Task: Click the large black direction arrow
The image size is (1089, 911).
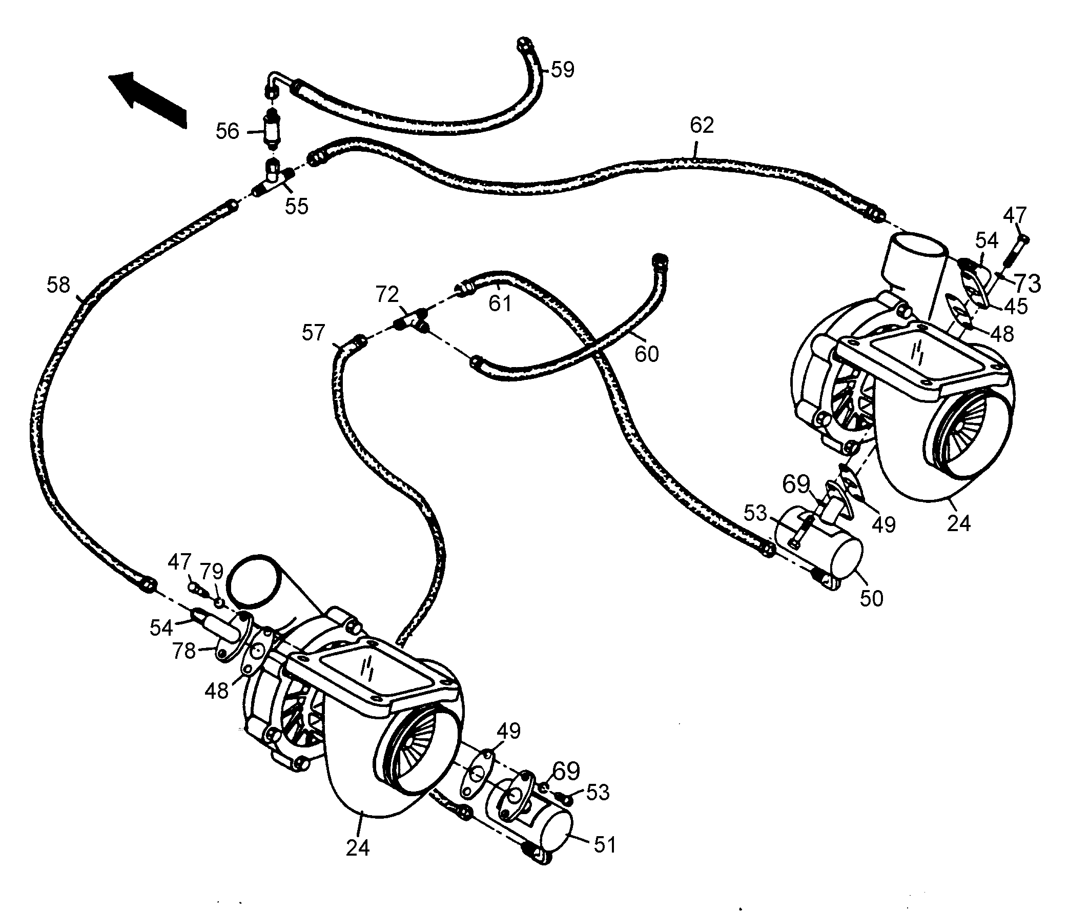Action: pos(148,98)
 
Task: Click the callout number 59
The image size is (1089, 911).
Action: pos(562,70)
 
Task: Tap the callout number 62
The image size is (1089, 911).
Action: pos(702,125)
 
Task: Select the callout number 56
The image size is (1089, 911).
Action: pos(227,131)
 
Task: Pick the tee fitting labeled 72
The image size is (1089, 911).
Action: pos(412,320)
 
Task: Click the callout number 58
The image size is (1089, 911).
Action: pos(58,285)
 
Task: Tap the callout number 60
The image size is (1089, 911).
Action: pos(646,354)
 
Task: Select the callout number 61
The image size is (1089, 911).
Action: pos(500,303)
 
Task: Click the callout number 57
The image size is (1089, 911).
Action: pos(313,333)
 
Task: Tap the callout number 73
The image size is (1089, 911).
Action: pos(1028,284)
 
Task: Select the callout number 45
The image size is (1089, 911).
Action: pos(1015,307)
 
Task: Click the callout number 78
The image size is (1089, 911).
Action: pos(184,651)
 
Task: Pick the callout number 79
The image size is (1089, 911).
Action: pos(212,572)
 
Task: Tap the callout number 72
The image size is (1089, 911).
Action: pos(387,295)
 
